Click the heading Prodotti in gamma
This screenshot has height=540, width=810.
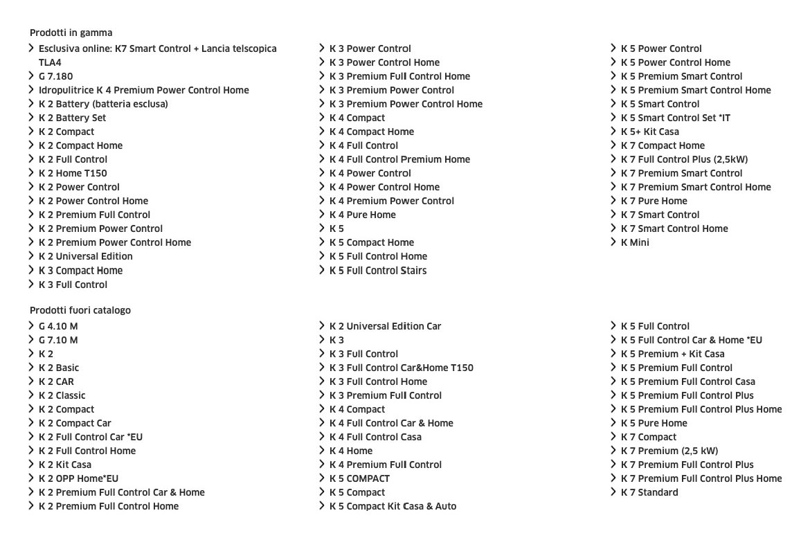pyautogui.click(x=71, y=33)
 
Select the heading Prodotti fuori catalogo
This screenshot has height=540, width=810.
pyautogui.click(x=80, y=310)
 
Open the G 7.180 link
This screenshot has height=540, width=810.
pyautogui.click(x=55, y=76)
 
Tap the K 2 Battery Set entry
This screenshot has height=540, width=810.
pyautogui.click(x=72, y=118)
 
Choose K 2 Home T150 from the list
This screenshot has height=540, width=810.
pyautogui.click(x=73, y=173)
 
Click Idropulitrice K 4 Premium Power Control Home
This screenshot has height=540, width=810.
pyautogui.click(x=143, y=90)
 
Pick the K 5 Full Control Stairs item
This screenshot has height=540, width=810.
pyautogui.click(x=378, y=270)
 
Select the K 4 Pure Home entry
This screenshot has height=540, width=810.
pyautogui.click(x=363, y=215)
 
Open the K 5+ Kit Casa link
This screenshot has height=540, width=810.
pyautogui.click(x=649, y=132)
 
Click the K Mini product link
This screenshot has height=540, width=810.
pyautogui.click(x=635, y=242)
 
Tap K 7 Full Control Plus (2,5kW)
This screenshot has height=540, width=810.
pyautogui.click(x=684, y=159)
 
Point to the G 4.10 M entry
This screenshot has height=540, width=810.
pyautogui.click(x=58, y=326)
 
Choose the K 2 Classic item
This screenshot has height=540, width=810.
pyautogui.click(x=62, y=395)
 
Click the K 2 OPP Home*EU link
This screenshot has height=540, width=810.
pyautogui.click(x=78, y=478)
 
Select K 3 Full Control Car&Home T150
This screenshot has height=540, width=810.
pyautogui.click(x=402, y=368)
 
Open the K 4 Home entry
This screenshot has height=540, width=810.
pyautogui.click(x=351, y=451)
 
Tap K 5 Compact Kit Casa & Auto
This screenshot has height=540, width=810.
pyautogui.click(x=393, y=506)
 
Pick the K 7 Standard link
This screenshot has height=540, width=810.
pyautogui.click(x=649, y=492)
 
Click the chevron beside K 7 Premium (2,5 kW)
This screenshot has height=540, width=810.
pyautogui.click(x=613, y=451)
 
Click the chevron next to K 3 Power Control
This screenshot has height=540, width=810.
pyautogui.click(x=322, y=48)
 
